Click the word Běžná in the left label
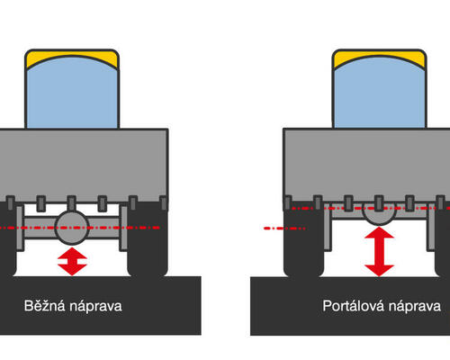(44, 306)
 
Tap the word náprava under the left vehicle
(95, 306)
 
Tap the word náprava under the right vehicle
(415, 306)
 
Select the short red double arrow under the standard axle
(72, 261)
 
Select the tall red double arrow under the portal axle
(379, 251)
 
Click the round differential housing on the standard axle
(72, 228)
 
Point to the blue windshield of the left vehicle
(72, 93)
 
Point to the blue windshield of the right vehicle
(380, 93)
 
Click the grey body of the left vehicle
(84, 164)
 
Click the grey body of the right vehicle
(366, 164)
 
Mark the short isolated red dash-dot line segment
(284, 229)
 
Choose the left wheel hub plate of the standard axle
(20, 228)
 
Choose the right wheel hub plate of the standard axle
(123, 228)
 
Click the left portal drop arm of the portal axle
(328, 227)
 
